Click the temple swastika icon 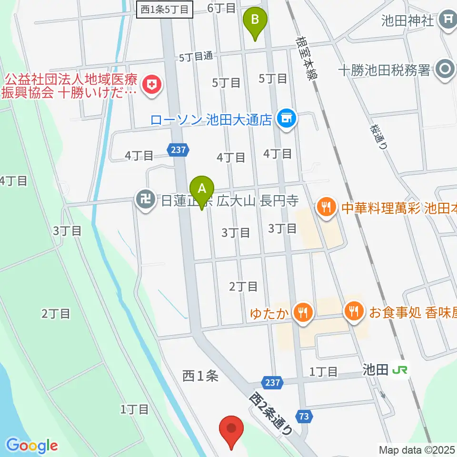144,199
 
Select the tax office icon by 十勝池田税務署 446,70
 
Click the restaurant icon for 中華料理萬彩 326,207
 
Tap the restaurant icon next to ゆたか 302,313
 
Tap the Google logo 32,445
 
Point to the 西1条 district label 200,376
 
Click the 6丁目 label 222,8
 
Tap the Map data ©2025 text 417,449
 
